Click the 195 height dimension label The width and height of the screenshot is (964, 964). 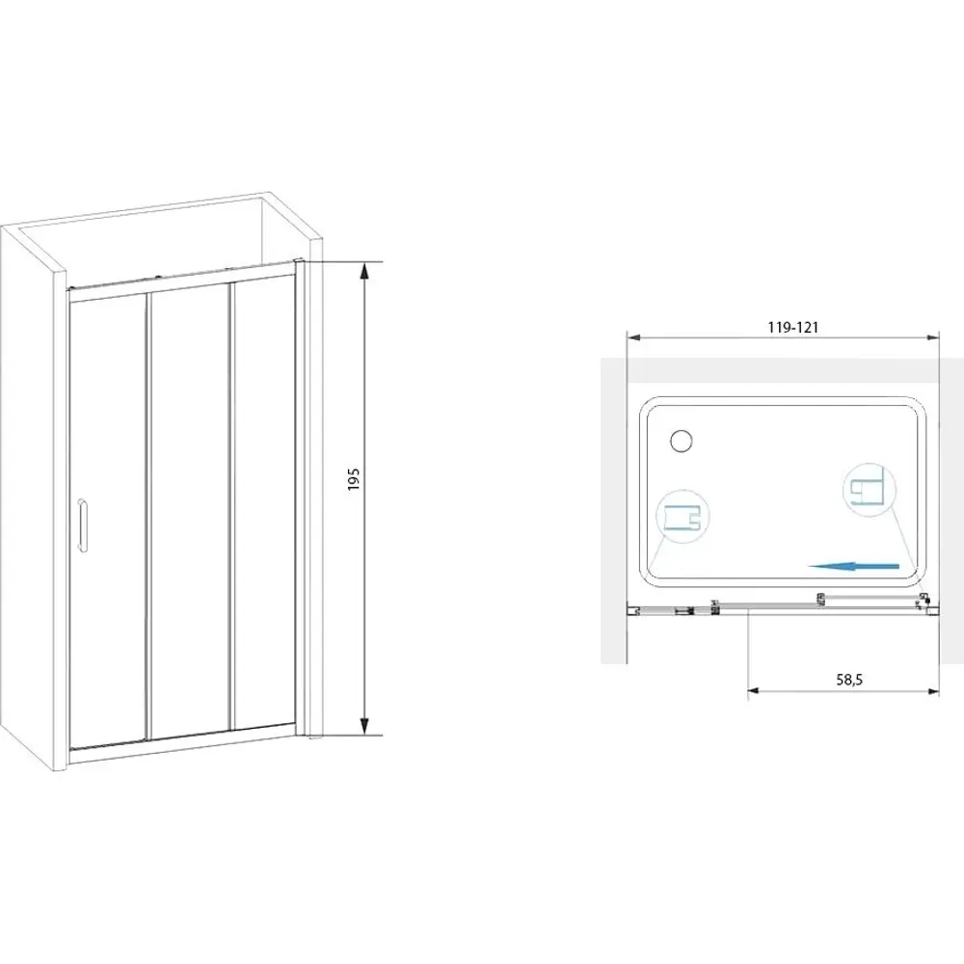[353, 479]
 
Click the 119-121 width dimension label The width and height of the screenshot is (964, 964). [793, 328]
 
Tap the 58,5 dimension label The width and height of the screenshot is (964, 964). [849, 680]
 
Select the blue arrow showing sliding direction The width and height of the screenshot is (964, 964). [853, 567]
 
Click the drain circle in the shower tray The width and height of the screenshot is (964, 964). [682, 441]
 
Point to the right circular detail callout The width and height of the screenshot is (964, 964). [869, 490]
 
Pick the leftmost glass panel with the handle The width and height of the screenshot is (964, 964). [108, 522]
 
